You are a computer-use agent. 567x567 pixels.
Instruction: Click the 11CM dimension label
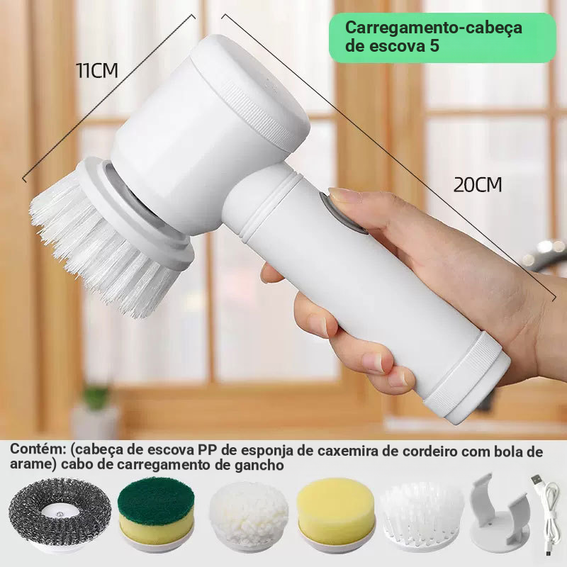pos(97,70)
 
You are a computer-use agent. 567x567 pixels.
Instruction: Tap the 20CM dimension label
pos(477,185)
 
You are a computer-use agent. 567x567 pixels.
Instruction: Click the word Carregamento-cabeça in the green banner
pos(433,28)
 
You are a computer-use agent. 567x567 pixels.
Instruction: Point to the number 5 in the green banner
pos(434,46)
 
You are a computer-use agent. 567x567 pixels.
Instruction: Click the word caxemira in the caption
pos(347,451)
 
